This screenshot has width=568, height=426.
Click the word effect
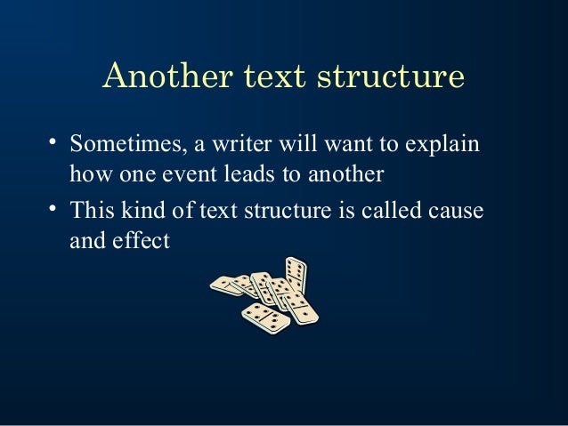point(142,241)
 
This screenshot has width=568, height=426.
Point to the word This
point(90,210)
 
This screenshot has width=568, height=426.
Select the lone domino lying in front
point(265,316)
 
